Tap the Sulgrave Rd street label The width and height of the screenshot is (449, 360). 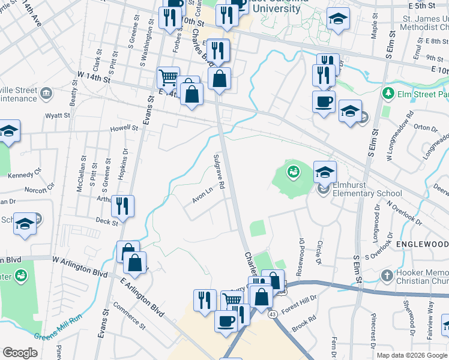click(x=218, y=172)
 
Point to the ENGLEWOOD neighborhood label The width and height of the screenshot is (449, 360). click(x=423, y=245)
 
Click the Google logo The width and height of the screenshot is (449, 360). click(x=20, y=353)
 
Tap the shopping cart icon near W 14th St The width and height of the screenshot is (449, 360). click(x=168, y=77)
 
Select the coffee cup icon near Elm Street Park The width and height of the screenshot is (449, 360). click(x=324, y=101)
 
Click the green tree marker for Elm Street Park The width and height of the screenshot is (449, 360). click(x=388, y=94)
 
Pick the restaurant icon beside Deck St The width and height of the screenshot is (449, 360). click(x=122, y=206)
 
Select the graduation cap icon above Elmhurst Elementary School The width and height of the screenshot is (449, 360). click(x=325, y=172)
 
